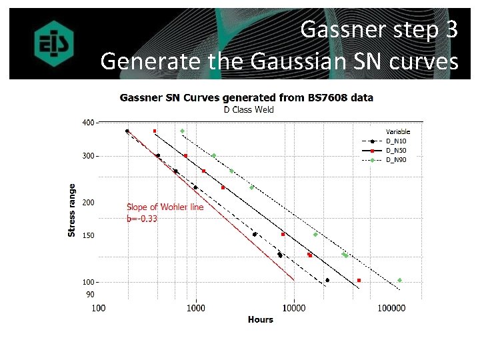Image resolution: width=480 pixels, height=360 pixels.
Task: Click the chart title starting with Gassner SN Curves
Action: coord(246,97)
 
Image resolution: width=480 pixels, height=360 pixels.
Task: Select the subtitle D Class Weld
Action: coord(246,109)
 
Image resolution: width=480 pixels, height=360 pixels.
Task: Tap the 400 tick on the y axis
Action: coord(88,123)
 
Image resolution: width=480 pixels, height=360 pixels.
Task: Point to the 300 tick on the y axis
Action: coord(88,156)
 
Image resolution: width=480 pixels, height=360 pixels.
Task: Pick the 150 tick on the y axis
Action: coord(88,235)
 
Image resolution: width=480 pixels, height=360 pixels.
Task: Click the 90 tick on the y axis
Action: coord(90,294)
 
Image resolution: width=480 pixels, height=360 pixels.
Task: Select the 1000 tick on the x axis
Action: coord(196,308)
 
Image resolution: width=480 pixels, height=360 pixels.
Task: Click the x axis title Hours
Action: coord(260,320)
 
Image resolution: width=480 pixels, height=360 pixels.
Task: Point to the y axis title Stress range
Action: coord(71,210)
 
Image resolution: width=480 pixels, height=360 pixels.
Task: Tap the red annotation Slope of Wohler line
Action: coord(165,207)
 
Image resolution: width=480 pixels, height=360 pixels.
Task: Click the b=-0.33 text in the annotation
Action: coord(142,218)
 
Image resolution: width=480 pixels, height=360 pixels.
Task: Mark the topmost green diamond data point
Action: coord(183,131)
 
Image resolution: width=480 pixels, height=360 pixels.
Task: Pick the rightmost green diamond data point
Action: coord(399,280)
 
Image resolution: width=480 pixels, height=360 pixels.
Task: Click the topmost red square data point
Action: coord(155,131)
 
